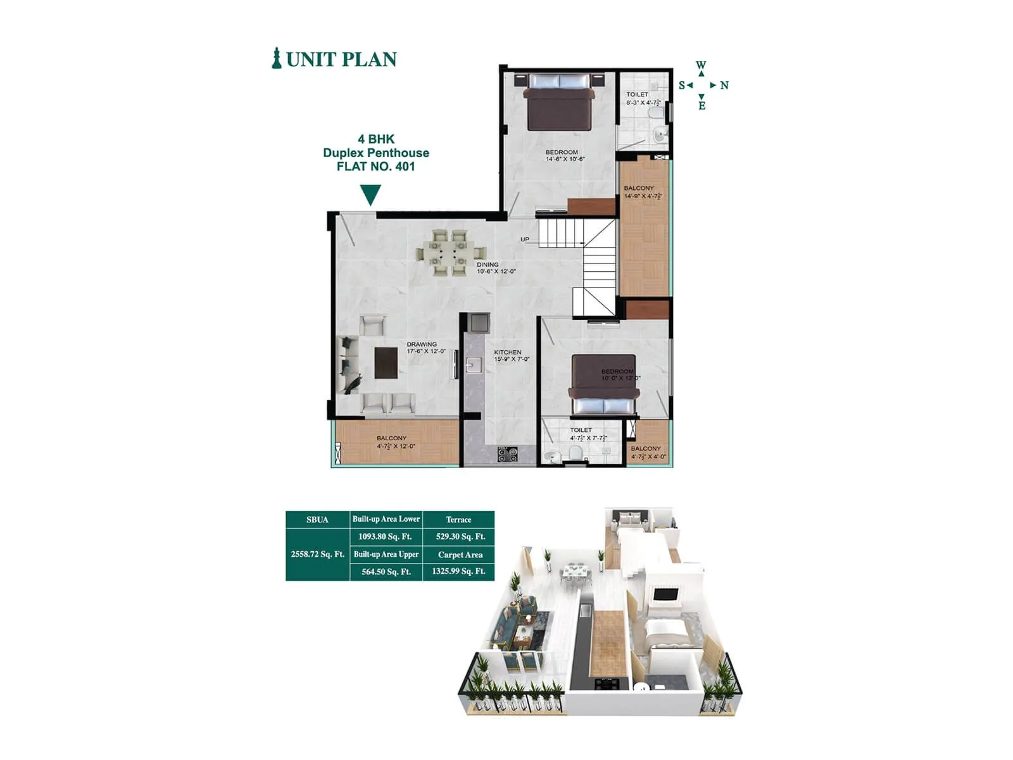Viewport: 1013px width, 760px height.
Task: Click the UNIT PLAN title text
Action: tap(341, 59)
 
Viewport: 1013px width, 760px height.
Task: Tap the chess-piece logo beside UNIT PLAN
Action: tap(277, 58)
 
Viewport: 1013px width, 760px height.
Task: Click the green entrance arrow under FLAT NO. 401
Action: tap(370, 194)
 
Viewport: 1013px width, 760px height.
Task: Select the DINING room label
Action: tap(488, 264)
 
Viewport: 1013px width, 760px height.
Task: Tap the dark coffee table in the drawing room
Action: tap(386, 363)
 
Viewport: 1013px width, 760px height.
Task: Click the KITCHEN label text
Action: tap(507, 352)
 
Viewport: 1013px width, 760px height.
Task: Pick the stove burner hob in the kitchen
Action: tap(507, 454)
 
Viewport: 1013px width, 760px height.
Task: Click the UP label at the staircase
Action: tap(525, 239)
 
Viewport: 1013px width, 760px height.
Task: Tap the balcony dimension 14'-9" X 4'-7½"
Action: tap(643, 196)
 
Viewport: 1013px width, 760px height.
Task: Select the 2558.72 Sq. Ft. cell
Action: tap(318, 554)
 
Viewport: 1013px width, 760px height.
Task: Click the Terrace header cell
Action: tap(459, 519)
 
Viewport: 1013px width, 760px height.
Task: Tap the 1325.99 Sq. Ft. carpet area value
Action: tap(459, 571)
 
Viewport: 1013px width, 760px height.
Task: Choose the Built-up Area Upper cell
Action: tap(386, 554)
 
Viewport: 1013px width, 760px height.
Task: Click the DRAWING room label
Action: tap(422, 345)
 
